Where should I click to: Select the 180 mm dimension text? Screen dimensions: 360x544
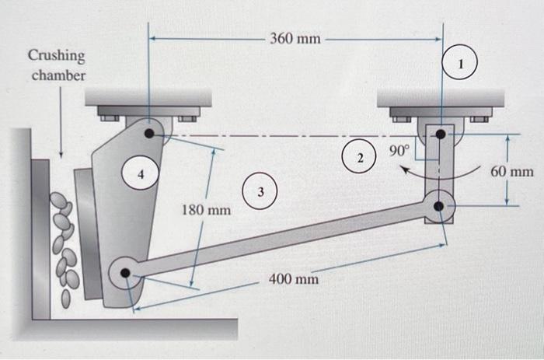tap(206, 210)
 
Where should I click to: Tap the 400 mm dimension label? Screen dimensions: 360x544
tap(293, 278)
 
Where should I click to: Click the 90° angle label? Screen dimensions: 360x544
tap(398, 151)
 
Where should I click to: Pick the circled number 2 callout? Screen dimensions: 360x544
tap(359, 159)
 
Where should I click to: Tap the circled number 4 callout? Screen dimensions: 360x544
tap(140, 175)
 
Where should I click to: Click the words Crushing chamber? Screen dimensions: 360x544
tap(57, 65)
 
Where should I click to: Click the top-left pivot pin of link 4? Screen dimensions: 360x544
tap(149, 134)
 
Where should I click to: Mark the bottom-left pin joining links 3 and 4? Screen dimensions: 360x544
tap(126, 273)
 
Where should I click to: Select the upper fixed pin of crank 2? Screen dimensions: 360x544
tap(441, 135)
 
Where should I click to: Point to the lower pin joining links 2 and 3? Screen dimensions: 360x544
tap(440, 206)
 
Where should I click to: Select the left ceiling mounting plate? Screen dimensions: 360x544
tap(148, 98)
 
